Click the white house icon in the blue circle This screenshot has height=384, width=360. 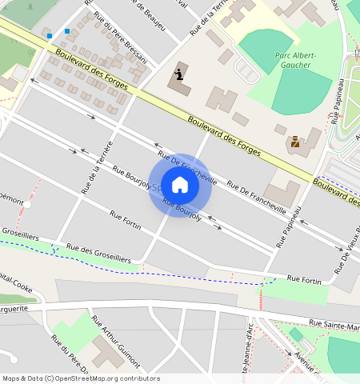point(180,185)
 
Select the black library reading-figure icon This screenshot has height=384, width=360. point(180,75)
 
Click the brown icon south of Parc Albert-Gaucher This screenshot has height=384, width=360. point(295,142)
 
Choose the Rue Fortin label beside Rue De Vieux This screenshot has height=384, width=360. point(304,278)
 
